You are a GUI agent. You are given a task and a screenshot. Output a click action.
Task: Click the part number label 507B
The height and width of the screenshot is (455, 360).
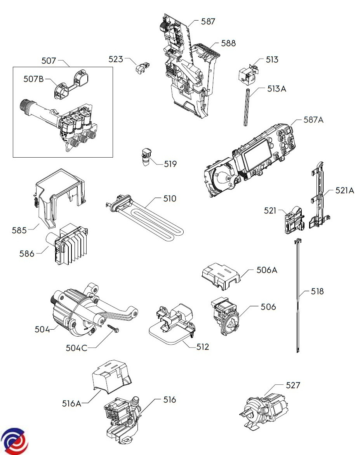[x=33, y=79]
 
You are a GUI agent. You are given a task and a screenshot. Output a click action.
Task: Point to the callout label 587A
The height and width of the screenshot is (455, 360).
[x=313, y=120]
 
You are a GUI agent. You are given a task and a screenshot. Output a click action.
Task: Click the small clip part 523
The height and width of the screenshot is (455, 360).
[x=142, y=67]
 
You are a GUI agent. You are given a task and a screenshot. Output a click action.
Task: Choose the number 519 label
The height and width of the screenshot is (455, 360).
[x=170, y=164]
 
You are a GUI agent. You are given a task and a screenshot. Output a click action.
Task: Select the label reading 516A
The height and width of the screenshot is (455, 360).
[x=72, y=403]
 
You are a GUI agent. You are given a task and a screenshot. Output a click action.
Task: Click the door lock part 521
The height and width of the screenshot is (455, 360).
[x=294, y=220]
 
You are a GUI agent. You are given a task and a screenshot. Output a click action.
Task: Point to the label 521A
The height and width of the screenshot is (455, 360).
[x=345, y=190]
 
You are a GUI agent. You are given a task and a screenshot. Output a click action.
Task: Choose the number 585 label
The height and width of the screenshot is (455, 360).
[x=19, y=230]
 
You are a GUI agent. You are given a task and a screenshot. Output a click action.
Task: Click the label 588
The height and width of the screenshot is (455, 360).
[x=228, y=43]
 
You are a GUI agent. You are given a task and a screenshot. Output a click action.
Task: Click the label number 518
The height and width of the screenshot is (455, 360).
[x=317, y=291]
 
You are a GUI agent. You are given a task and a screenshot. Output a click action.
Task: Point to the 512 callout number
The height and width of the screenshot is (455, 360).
[x=203, y=347]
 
